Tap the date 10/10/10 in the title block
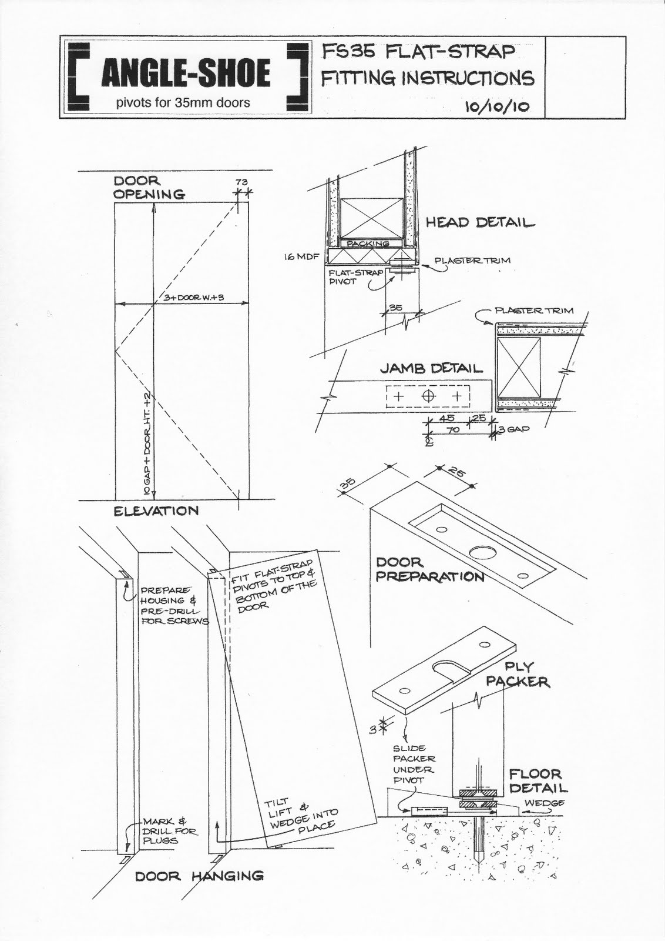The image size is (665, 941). [497, 106]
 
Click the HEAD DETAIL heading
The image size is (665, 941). [480, 223]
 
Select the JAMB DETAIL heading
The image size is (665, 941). [431, 369]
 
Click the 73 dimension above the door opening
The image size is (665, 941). [241, 182]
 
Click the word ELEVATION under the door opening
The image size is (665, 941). [156, 511]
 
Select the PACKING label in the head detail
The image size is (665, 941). [368, 243]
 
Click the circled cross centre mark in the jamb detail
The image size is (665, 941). [428, 396]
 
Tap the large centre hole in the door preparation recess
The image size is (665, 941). [481, 552]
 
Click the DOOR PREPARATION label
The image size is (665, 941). [429, 570]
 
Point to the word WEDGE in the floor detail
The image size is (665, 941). [545, 803]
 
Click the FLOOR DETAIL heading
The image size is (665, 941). [538, 781]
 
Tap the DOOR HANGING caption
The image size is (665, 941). [199, 876]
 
